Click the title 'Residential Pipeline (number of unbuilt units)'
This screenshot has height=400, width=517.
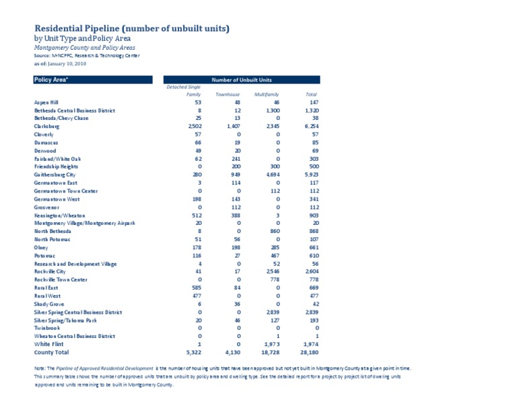pos(132,28)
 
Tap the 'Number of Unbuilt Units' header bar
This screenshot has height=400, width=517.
pos(242,79)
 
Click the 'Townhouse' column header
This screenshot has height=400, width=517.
pos(228,94)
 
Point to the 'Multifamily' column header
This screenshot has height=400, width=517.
pos(267,94)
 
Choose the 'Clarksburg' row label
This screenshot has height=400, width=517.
pos(47,126)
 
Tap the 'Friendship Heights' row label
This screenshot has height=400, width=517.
pos(56,166)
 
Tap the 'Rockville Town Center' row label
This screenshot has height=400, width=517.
pos(61,279)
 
